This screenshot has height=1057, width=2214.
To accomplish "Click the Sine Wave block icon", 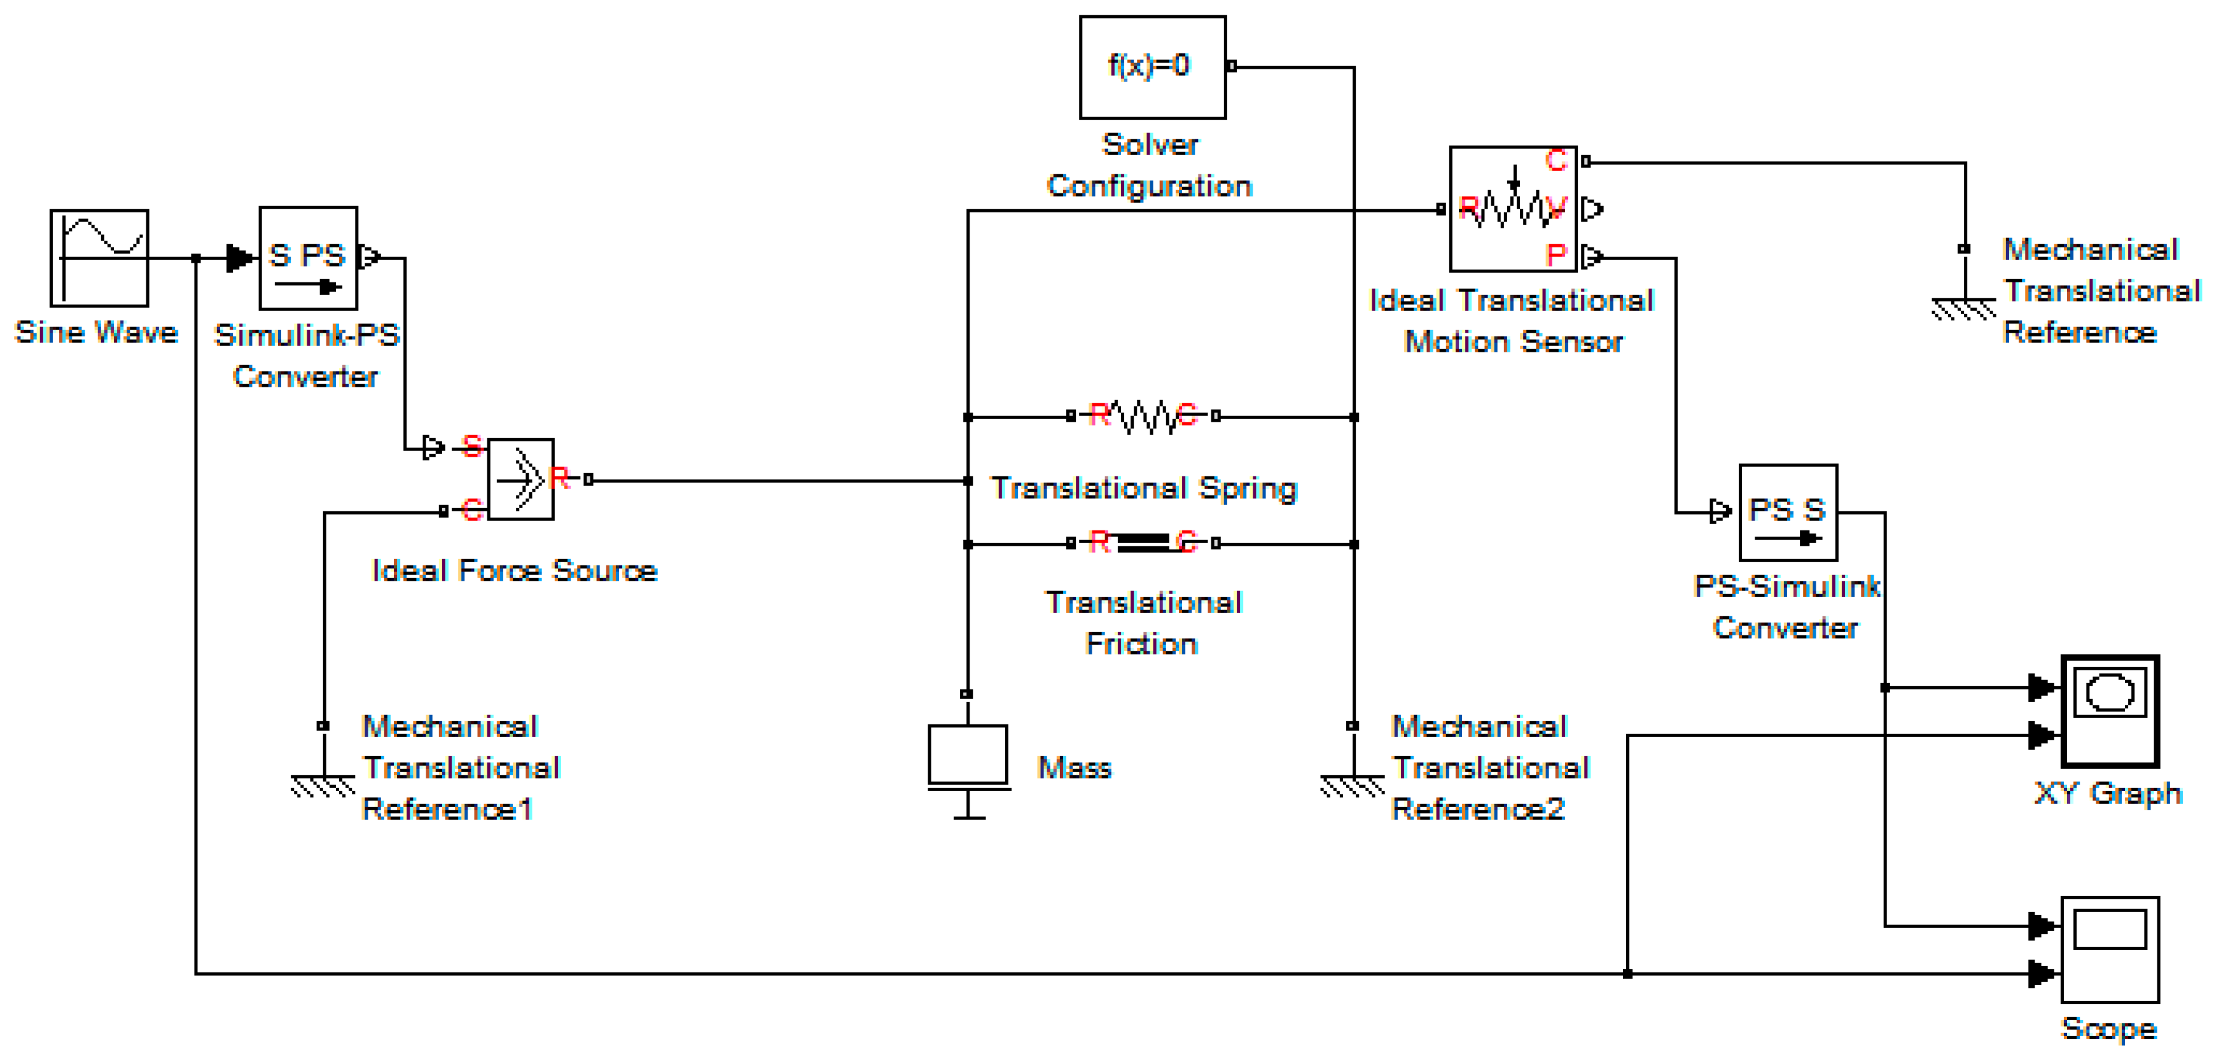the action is pyautogui.click(x=99, y=258).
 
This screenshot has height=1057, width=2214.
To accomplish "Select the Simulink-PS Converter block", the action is pyautogui.click(x=309, y=258).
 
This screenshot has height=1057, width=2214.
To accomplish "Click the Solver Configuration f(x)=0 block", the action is pyautogui.click(x=1153, y=67).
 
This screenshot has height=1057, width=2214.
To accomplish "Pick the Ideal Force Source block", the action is pyautogui.click(x=521, y=480).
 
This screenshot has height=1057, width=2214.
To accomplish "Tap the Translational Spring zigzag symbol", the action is pyautogui.click(x=1143, y=417).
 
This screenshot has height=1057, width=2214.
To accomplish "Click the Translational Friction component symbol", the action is pyautogui.click(x=1143, y=543).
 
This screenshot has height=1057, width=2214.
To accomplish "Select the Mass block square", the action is pyautogui.click(x=968, y=754).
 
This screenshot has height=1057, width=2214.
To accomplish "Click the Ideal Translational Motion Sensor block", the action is pyautogui.click(x=1514, y=209).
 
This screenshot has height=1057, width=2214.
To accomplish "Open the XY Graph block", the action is pyautogui.click(x=2110, y=710).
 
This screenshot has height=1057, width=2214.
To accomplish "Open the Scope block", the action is pyautogui.click(x=2110, y=950).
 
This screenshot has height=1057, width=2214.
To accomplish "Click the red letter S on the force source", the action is pyautogui.click(x=472, y=446).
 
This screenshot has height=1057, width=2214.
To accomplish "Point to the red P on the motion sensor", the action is pyautogui.click(x=1556, y=255).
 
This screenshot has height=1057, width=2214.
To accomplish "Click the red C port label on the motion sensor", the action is pyautogui.click(x=1557, y=161).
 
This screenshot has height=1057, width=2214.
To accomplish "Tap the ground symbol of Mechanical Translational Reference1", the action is pyautogui.click(x=323, y=785).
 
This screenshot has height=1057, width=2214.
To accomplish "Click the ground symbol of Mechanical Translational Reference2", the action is pyautogui.click(x=1353, y=785).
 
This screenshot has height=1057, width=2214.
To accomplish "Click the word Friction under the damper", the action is pyautogui.click(x=1141, y=644).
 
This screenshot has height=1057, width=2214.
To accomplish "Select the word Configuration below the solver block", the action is pyautogui.click(x=1149, y=186).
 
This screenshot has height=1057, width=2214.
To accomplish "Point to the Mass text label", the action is pyautogui.click(x=1075, y=768).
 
